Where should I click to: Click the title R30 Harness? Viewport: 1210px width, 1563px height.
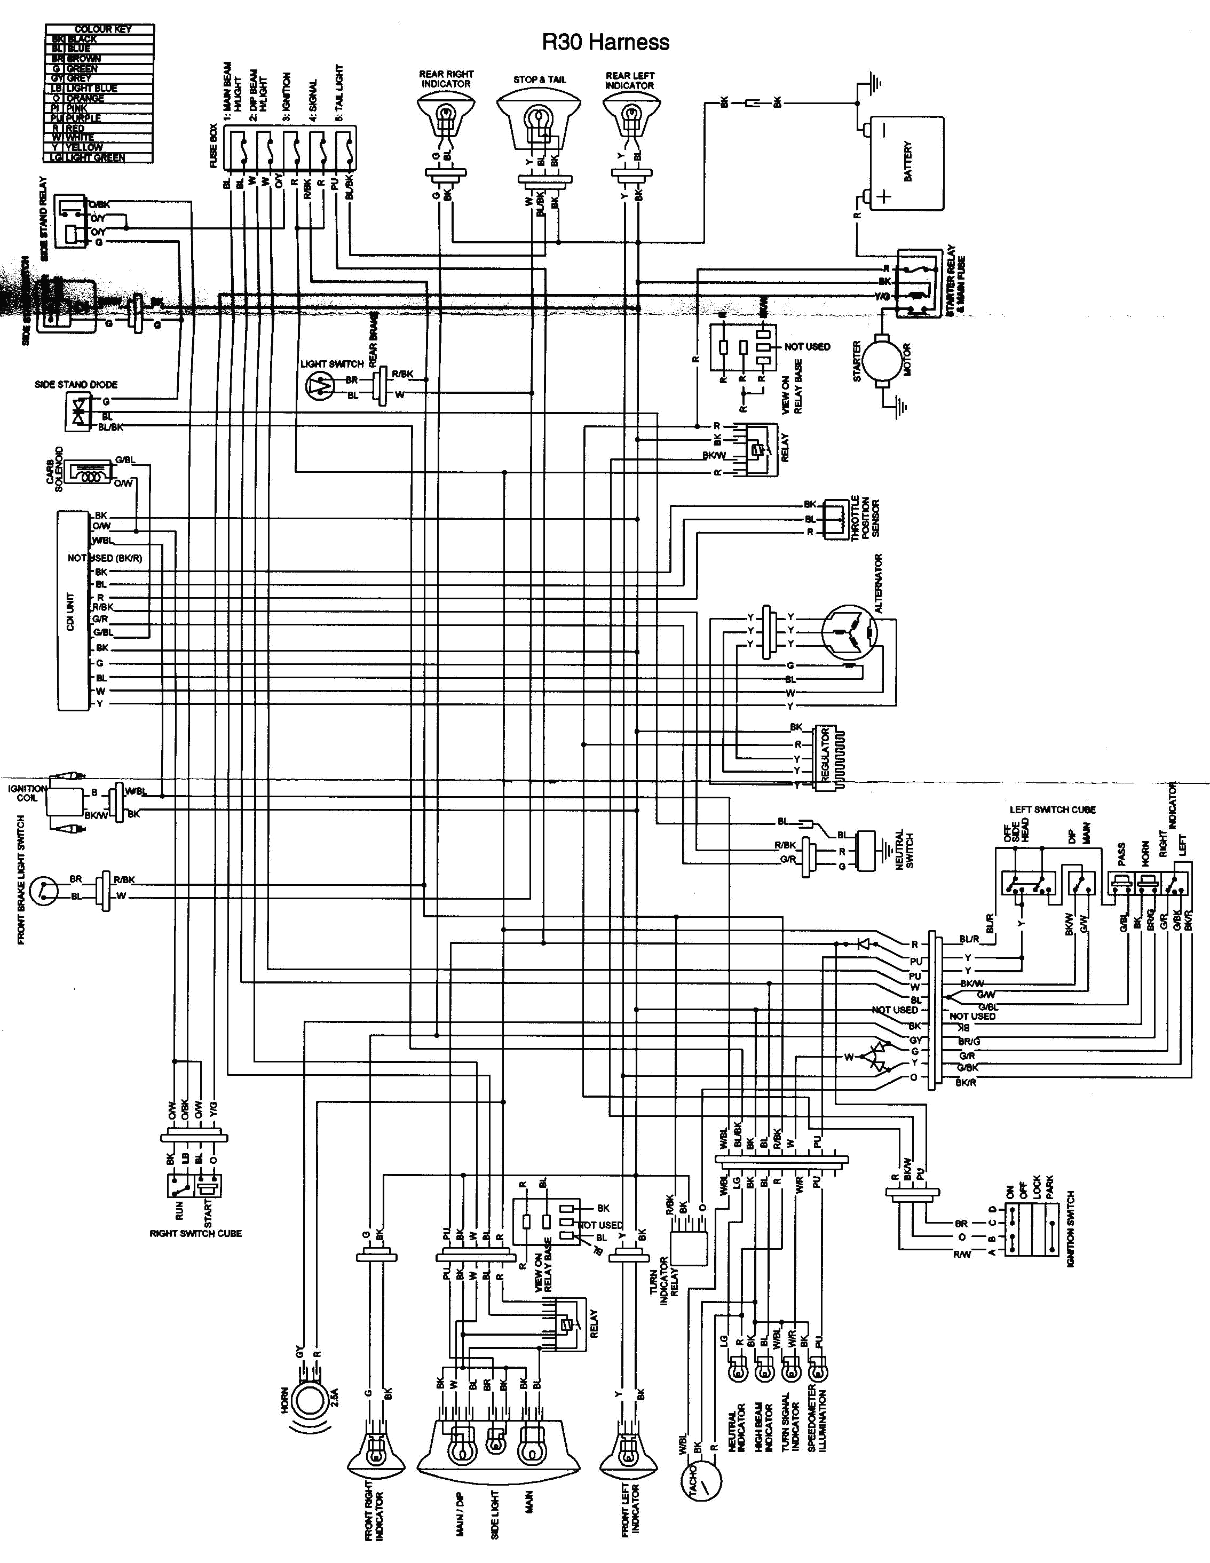tap(606, 42)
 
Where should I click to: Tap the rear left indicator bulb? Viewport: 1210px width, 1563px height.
tap(629, 115)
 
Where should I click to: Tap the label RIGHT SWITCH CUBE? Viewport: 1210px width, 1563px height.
tap(195, 1234)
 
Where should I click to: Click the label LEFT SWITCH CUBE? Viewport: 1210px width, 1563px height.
tap(1053, 810)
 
